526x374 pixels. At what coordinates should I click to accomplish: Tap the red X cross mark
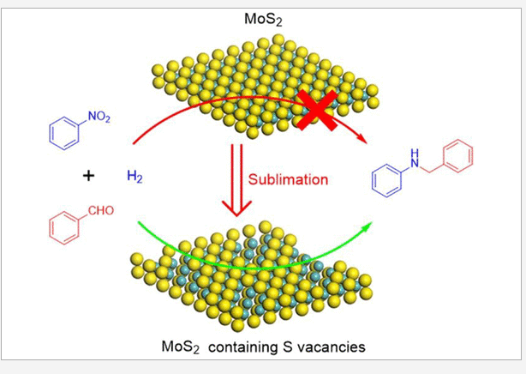coord(316,108)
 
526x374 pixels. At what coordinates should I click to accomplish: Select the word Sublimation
coord(289,179)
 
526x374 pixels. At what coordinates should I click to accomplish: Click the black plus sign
coord(88,177)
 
